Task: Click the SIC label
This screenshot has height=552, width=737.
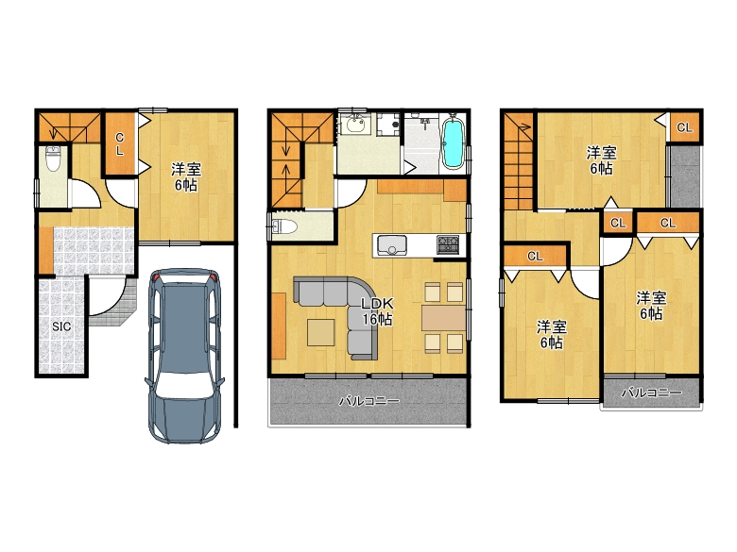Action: point(61,326)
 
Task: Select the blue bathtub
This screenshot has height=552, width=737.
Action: point(454,143)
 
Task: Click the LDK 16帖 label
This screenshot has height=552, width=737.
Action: point(377,311)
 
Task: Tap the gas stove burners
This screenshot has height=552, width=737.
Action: point(448,243)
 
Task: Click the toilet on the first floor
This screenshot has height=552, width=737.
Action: point(53,159)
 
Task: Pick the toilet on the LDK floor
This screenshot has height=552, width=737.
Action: point(284,227)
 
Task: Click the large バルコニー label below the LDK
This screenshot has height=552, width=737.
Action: point(369,401)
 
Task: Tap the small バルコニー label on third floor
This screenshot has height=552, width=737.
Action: point(651,392)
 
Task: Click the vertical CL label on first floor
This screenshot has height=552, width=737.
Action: point(120,143)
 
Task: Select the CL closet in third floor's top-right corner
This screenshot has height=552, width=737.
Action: point(684,127)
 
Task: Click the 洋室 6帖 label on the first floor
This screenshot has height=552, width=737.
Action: point(186,176)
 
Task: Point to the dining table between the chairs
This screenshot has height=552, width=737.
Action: point(443,318)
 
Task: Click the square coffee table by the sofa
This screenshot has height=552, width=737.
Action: point(321,333)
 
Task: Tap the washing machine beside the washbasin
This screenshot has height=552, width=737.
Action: point(388,124)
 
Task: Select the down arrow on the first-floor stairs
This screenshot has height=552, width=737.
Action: point(52,132)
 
